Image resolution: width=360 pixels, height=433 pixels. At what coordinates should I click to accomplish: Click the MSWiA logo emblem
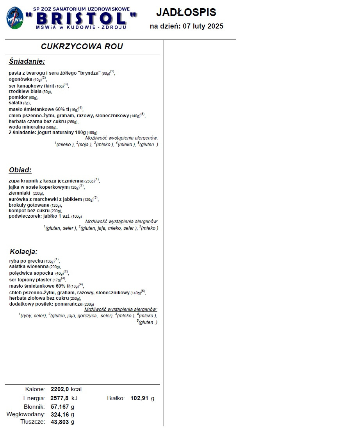coord(15,18)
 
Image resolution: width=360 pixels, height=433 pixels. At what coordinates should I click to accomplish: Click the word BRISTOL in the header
coord(81,18)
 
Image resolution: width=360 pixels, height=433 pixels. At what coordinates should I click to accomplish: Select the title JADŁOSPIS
coord(186,13)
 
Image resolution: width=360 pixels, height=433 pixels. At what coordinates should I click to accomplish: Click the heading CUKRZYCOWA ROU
coord(82,47)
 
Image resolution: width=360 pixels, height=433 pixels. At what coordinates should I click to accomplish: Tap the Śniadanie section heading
coord(27,61)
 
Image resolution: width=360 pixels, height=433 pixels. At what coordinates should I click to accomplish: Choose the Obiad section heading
coord(20,170)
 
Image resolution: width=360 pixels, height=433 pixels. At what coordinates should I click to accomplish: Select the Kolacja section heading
coord(23,252)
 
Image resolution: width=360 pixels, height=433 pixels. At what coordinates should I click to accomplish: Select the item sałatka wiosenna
coord(29,267)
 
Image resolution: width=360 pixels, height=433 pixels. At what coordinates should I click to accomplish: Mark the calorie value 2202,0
coord(59,389)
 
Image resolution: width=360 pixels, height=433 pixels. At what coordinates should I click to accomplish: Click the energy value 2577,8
coord(59,398)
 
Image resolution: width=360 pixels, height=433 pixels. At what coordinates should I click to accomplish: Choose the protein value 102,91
coord(140,398)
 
